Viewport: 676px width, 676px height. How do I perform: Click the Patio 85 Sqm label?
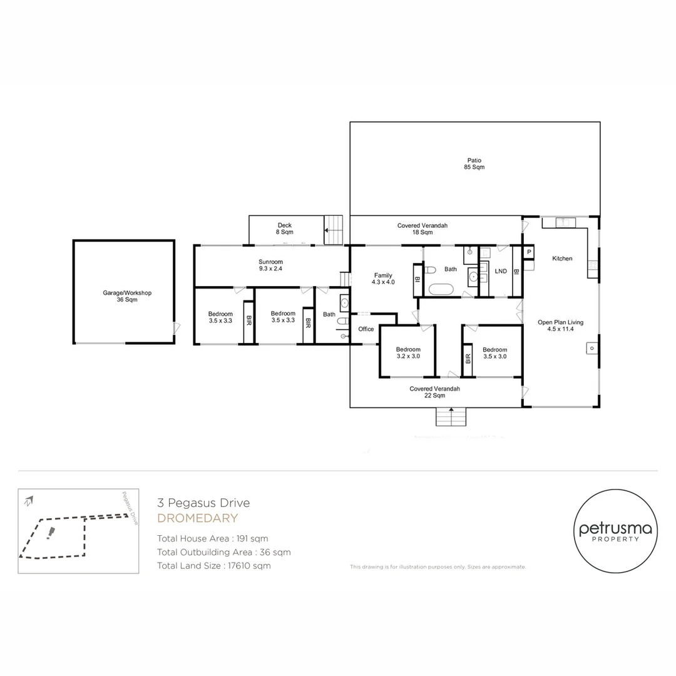pyautogui.click(x=474, y=164)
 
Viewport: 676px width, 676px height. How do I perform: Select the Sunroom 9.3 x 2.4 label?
pyautogui.click(x=271, y=265)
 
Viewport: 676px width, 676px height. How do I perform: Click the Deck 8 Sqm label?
pyautogui.click(x=285, y=228)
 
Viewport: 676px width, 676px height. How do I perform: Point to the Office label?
pyautogui.click(x=366, y=329)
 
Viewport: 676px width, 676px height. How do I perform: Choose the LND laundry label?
pyautogui.click(x=500, y=271)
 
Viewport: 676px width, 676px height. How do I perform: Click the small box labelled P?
pyautogui.click(x=529, y=252)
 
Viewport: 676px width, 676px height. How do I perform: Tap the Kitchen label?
pyautogui.click(x=561, y=259)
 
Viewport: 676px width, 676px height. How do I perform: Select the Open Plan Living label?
pyautogui.click(x=560, y=325)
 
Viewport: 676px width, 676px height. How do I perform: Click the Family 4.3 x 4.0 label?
pyautogui.click(x=383, y=279)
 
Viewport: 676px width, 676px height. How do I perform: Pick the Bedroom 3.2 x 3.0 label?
pyautogui.click(x=407, y=353)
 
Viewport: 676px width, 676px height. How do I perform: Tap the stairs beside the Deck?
pyautogui.click(x=334, y=230)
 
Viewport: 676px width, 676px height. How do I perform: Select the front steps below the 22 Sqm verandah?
pyautogui.click(x=451, y=417)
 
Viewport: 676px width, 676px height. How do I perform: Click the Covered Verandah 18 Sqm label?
pyautogui.click(x=422, y=228)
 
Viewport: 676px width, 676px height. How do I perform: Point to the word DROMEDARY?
pyautogui.click(x=197, y=518)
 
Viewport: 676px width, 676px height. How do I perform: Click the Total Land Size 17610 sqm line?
pyautogui.click(x=214, y=566)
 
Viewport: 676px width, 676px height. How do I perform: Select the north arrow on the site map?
pyautogui.click(x=28, y=500)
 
